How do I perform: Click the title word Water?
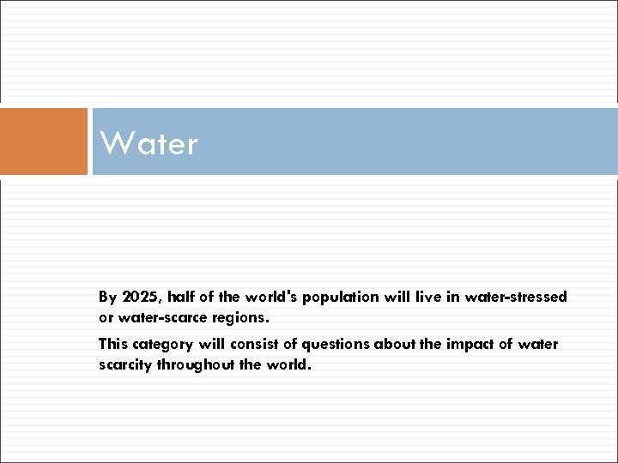tap(148, 143)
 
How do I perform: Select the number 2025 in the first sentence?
tap(139, 297)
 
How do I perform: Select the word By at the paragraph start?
tap(107, 298)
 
